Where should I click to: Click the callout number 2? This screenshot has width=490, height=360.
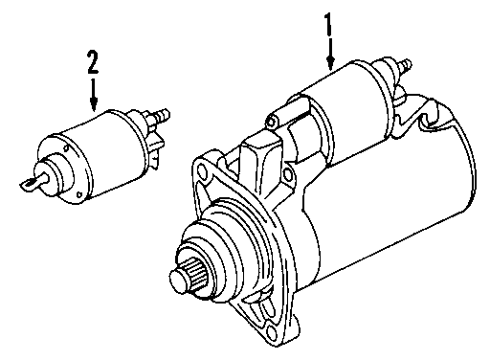pyautogui.click(x=93, y=64)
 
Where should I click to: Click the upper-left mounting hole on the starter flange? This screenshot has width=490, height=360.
pyautogui.click(x=201, y=170)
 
